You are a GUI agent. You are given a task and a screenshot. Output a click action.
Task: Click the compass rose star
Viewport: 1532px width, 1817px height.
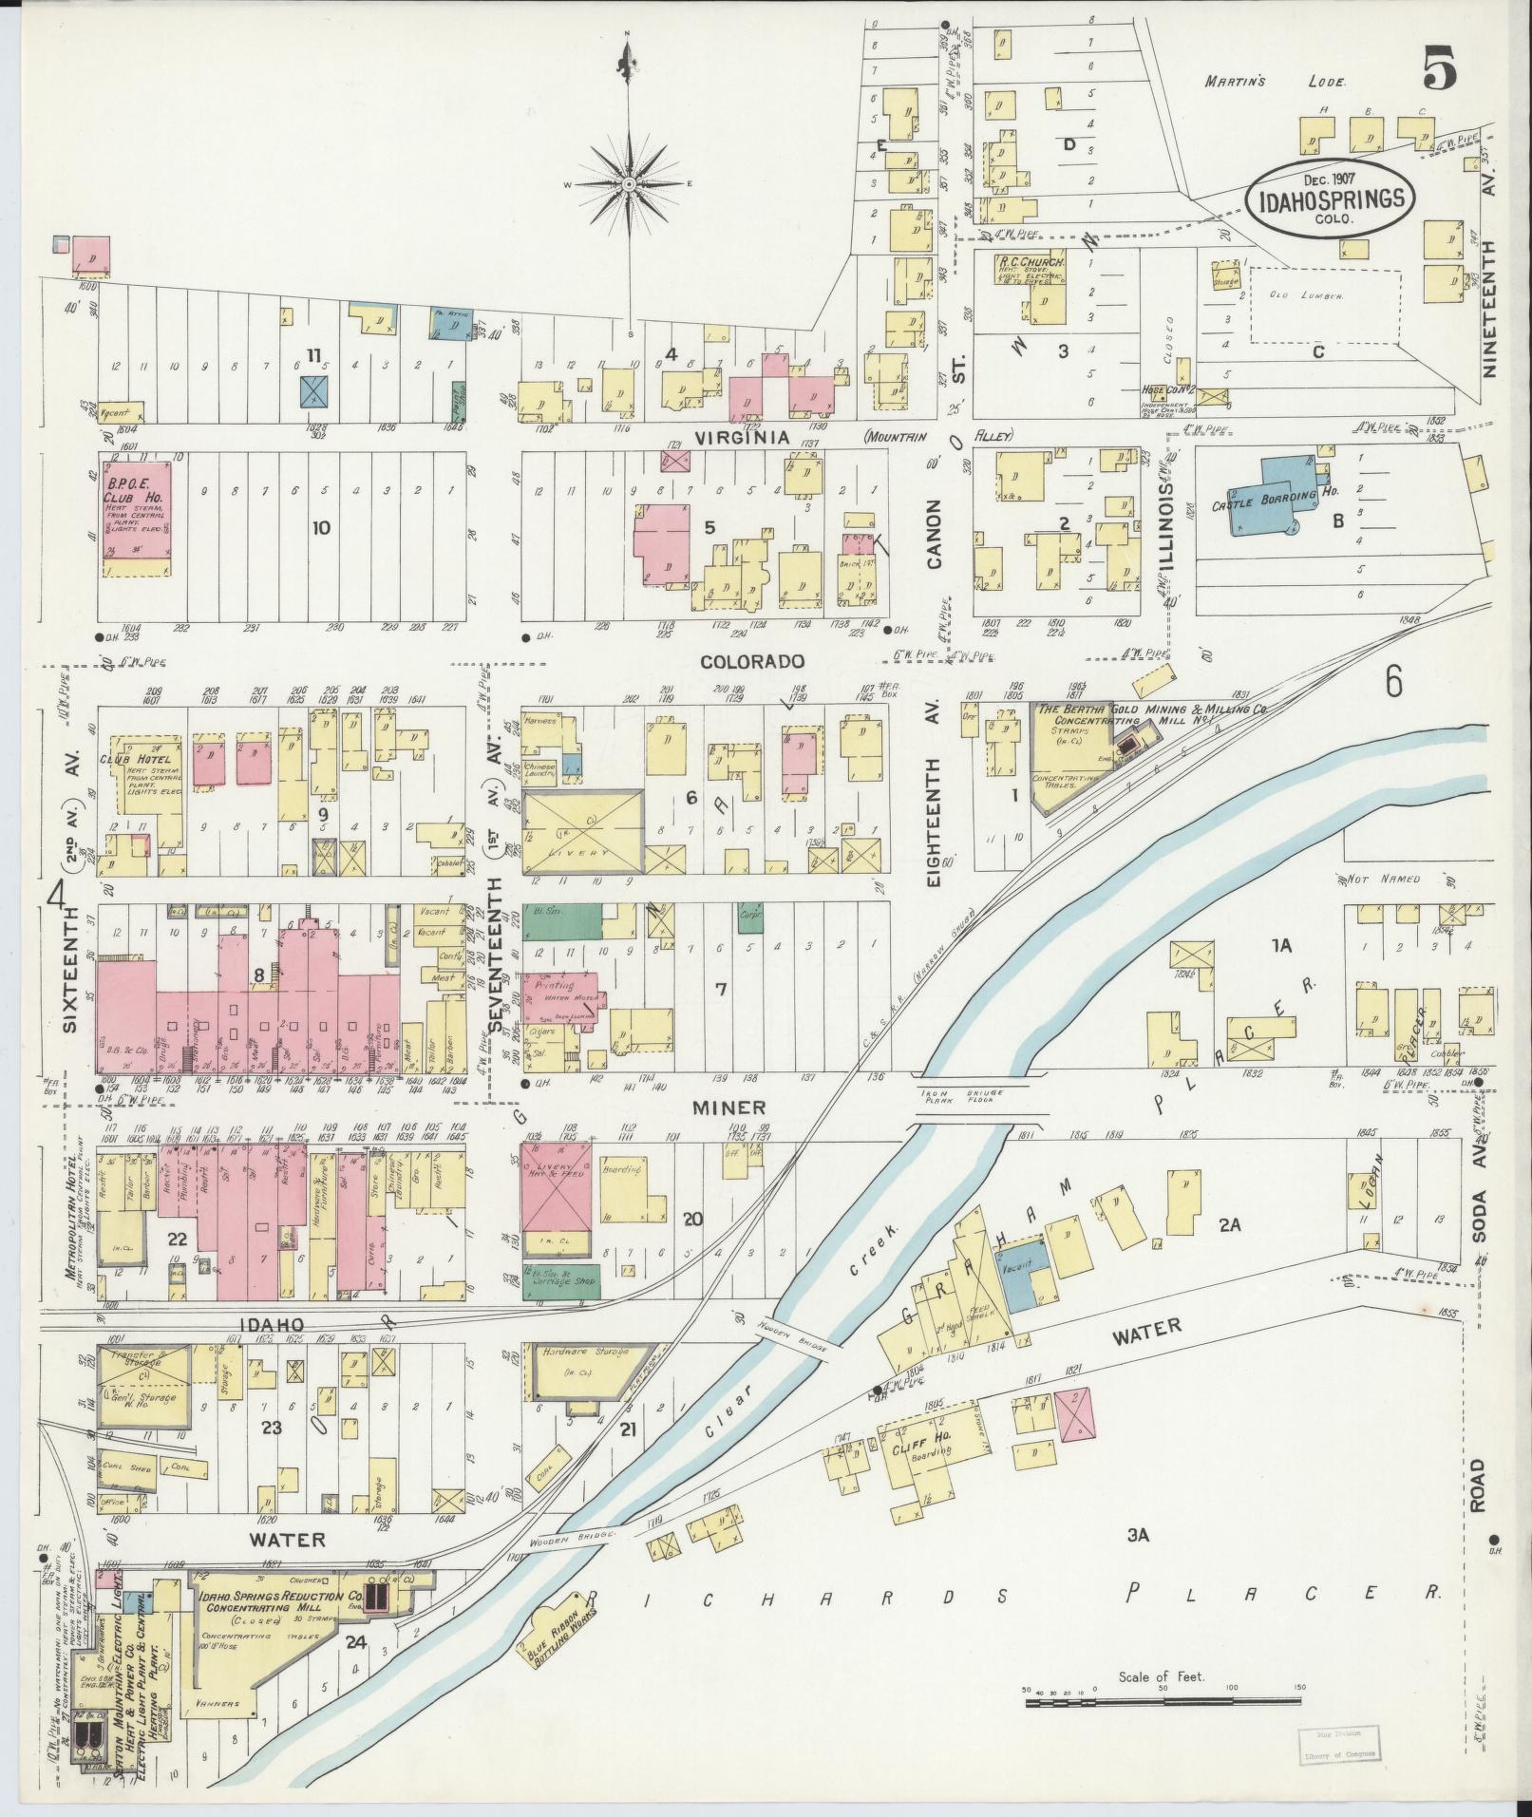[629, 182]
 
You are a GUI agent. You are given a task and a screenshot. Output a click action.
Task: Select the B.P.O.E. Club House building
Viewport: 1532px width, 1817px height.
[139, 519]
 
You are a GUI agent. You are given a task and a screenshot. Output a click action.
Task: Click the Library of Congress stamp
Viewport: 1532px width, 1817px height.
[1338, 1745]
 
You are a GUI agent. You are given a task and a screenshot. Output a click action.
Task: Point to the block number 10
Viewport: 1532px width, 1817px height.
[321, 527]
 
